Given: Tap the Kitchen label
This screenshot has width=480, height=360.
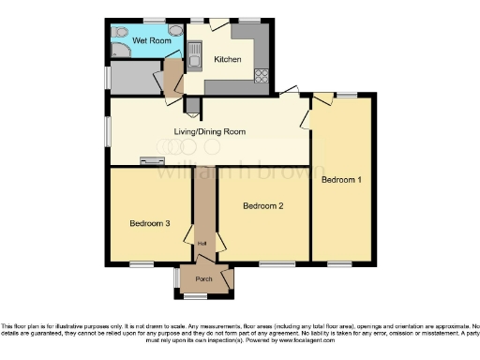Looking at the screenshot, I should (x=228, y=60).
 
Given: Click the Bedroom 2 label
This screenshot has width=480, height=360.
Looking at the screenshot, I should (x=263, y=205).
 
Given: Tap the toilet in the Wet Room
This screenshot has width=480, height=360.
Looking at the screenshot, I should (x=120, y=32).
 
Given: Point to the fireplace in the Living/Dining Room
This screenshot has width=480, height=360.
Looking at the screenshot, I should (x=151, y=161).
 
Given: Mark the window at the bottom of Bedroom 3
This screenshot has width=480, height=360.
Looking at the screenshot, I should (x=142, y=263).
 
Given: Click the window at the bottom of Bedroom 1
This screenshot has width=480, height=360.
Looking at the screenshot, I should (x=340, y=263).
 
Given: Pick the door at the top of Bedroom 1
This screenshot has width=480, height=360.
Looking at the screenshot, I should (x=321, y=97).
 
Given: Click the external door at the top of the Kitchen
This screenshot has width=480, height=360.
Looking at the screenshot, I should (x=217, y=22).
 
